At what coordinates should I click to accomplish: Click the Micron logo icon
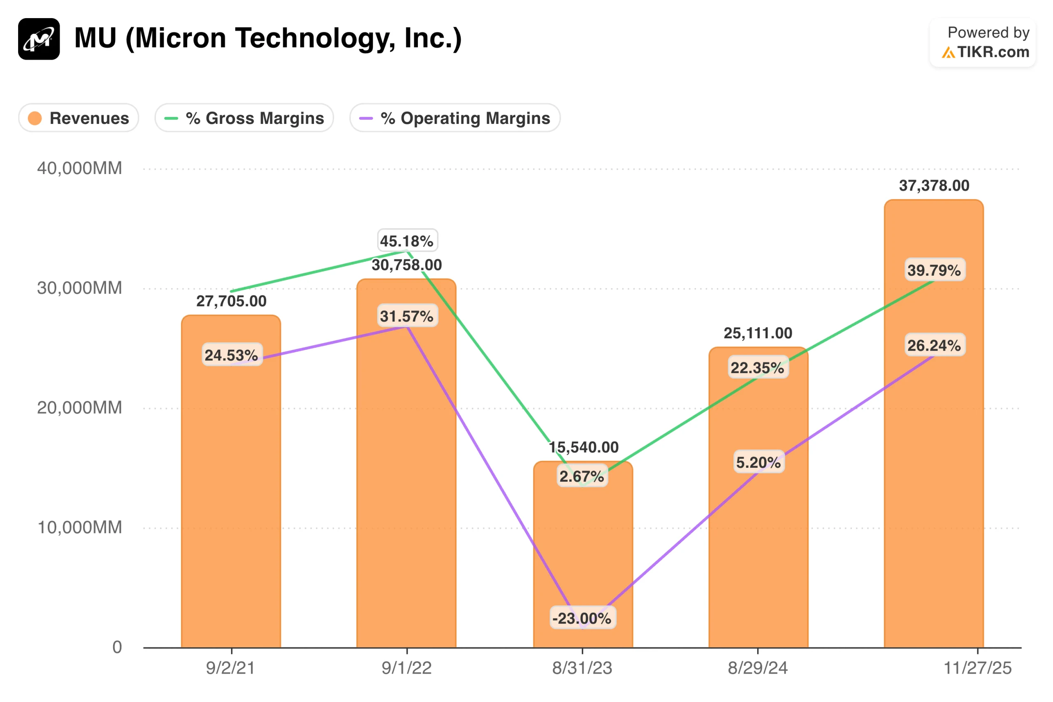click(39, 39)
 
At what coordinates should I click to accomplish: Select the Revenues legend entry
click(79, 118)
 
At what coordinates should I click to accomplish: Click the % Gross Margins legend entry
click(244, 118)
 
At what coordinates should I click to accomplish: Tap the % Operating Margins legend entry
click(455, 118)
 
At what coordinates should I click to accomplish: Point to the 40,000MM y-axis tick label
click(79, 168)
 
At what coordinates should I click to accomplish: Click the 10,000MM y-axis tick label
click(79, 528)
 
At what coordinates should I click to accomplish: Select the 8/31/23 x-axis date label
click(582, 668)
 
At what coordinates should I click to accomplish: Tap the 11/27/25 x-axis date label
click(977, 668)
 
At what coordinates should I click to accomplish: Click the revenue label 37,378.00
click(934, 185)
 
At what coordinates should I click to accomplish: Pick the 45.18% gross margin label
click(407, 241)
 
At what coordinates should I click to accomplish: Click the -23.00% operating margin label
click(582, 618)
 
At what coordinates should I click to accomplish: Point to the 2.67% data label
click(582, 477)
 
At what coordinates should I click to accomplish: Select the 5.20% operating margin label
click(758, 462)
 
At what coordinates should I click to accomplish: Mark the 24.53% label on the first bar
click(231, 355)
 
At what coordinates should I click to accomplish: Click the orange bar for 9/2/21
click(231, 515)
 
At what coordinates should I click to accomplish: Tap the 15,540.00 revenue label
click(584, 447)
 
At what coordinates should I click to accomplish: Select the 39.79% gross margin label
click(934, 270)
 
